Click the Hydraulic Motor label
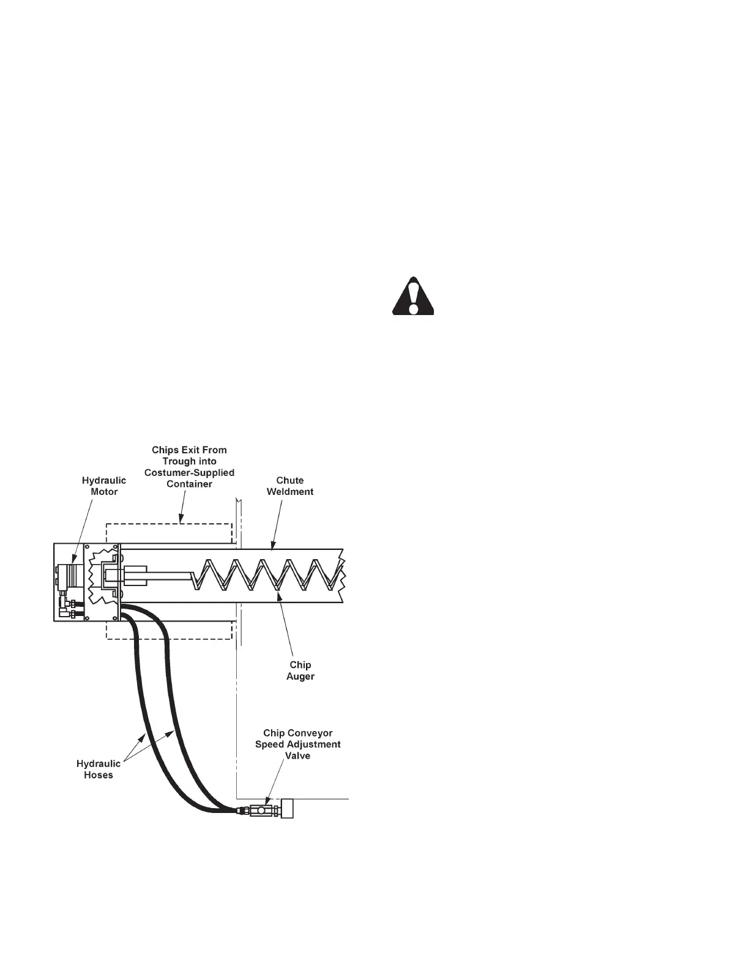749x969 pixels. click(x=104, y=486)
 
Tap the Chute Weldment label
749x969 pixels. click(x=290, y=486)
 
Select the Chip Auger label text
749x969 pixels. click(x=300, y=670)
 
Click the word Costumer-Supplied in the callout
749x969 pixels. click(x=189, y=473)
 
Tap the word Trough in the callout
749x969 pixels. click(x=177, y=461)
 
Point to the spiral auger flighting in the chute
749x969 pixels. click(x=269, y=575)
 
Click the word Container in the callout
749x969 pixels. click(x=189, y=484)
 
